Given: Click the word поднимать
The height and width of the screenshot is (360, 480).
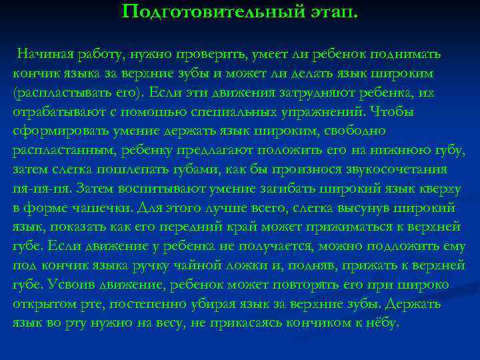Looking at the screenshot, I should [x=407, y=54].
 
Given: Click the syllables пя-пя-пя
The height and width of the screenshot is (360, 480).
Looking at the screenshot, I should [x=41, y=189].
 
